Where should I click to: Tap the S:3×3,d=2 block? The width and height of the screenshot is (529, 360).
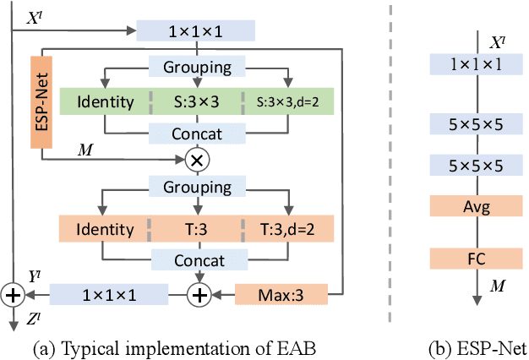click(x=288, y=102)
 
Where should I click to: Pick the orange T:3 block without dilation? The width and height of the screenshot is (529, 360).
click(x=197, y=228)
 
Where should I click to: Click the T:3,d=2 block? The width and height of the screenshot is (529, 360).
click(x=288, y=228)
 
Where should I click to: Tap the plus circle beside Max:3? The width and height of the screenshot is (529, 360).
click(x=200, y=295)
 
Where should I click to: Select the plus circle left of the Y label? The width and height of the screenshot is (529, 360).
click(x=14, y=295)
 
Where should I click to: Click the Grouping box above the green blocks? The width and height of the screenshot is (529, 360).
click(x=197, y=67)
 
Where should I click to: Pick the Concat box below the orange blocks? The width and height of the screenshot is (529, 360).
click(x=197, y=261)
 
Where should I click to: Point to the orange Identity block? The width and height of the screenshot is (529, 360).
click(x=105, y=228)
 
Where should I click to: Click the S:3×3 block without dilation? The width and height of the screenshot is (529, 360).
click(x=197, y=102)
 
